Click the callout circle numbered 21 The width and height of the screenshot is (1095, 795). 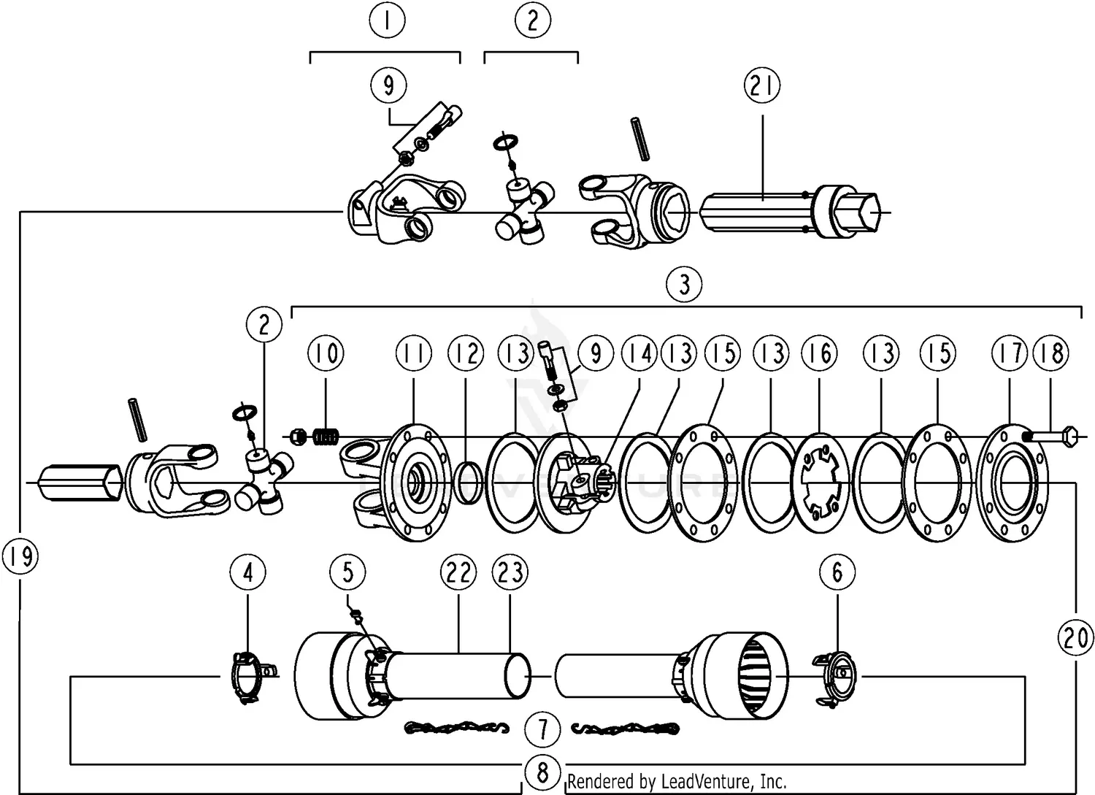point(762,85)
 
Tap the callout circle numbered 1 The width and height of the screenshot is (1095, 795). point(387,20)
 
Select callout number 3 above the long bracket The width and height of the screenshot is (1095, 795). point(685,284)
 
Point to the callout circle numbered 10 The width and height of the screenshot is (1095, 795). point(326,353)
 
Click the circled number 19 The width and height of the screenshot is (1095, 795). point(20,556)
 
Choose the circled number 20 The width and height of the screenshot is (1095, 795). point(1075,638)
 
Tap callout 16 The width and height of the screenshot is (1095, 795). point(820,353)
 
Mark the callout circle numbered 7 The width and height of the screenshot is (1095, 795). point(542,729)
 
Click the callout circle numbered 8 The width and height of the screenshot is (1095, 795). point(542,773)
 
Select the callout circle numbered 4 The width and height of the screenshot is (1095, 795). point(248,572)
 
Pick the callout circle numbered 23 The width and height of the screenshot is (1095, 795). point(510,572)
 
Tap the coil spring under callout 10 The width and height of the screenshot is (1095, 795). point(325,437)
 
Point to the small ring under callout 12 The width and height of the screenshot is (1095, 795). point(469,483)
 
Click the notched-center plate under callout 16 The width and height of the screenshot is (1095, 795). point(820,483)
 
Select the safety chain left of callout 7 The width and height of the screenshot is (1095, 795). point(456,728)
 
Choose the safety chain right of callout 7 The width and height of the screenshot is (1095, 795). point(626,729)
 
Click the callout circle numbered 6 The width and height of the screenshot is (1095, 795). point(837,572)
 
